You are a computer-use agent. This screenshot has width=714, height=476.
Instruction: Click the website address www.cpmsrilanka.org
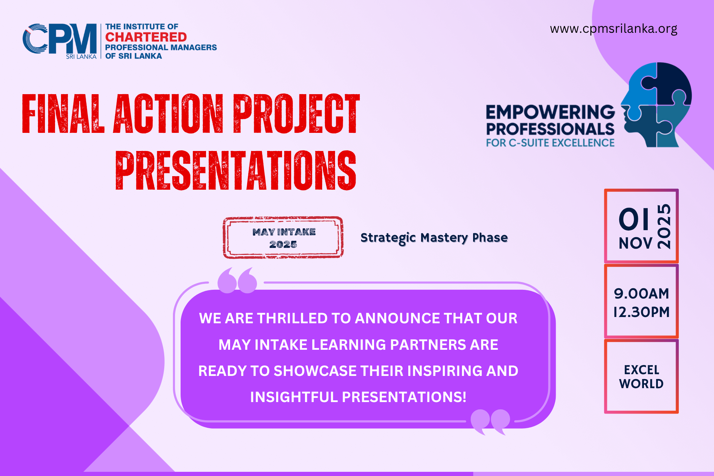click(x=613, y=29)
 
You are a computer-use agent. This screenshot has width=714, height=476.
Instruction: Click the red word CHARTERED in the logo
click(x=146, y=37)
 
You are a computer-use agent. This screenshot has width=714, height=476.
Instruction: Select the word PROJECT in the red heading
click(x=296, y=114)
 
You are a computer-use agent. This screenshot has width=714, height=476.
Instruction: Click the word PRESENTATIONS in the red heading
click(x=236, y=171)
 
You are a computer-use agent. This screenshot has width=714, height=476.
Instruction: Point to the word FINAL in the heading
click(x=63, y=114)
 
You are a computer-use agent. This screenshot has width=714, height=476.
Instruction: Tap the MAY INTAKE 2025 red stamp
click(x=283, y=237)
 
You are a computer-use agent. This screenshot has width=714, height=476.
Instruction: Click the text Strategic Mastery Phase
click(x=434, y=238)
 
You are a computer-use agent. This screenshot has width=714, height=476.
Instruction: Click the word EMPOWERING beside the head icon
click(x=550, y=112)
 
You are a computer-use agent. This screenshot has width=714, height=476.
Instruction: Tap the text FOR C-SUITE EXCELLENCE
click(x=550, y=143)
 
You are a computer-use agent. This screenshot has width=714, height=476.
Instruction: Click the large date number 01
click(x=634, y=220)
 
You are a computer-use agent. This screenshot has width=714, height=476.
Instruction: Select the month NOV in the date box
click(x=635, y=243)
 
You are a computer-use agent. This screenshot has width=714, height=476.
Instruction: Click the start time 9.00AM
click(x=641, y=294)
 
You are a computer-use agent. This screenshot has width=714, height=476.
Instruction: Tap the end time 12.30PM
click(x=641, y=312)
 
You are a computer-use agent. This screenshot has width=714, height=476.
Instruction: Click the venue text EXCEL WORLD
click(x=641, y=377)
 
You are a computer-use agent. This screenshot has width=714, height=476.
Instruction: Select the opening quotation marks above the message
click(x=237, y=280)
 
